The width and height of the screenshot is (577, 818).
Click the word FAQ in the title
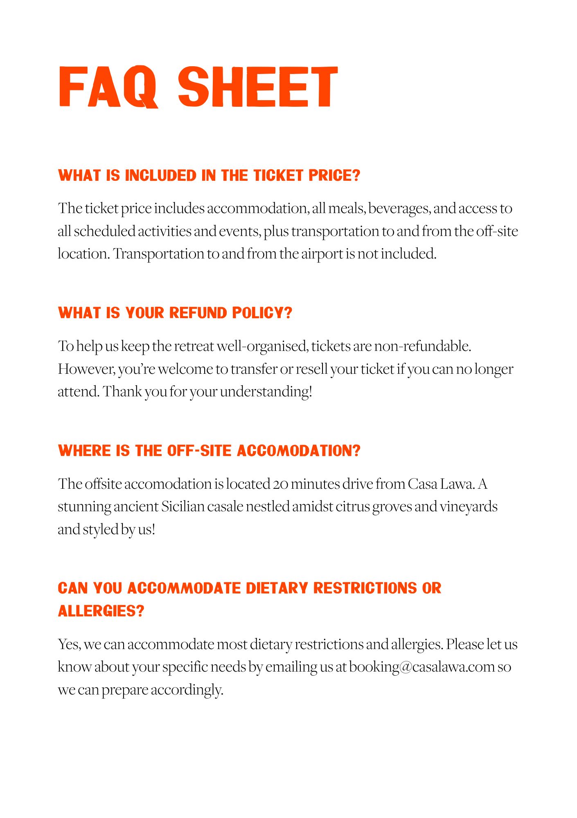(108, 87)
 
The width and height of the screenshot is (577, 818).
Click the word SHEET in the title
(258, 87)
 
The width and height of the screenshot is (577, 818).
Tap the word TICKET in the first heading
(279, 175)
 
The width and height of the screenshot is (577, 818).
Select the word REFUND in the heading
(198, 313)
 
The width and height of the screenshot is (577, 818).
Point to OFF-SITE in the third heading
(199, 451)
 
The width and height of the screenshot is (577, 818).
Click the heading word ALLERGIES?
(101, 611)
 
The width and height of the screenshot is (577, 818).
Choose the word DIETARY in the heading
(277, 588)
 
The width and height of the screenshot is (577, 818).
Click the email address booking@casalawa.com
(422, 667)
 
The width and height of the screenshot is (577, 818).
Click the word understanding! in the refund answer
(266, 391)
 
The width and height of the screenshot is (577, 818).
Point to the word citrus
(353, 506)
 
